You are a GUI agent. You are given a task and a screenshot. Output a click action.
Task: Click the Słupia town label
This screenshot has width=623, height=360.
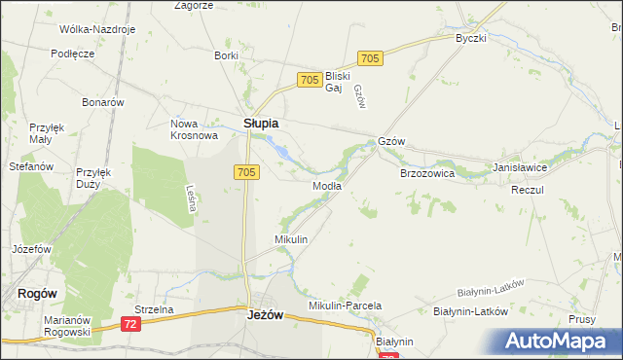tap(260, 124)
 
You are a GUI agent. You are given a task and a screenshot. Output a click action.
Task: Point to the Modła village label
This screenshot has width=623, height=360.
tap(326, 186)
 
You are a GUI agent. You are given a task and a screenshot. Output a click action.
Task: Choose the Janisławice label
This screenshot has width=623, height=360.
tap(520, 167)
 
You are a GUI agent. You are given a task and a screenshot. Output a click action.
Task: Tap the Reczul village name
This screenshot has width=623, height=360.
tap(527, 190)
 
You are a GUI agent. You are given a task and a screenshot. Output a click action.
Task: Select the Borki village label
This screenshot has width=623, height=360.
tap(226, 55)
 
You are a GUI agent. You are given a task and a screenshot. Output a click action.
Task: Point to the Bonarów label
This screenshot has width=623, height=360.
tap(103, 102)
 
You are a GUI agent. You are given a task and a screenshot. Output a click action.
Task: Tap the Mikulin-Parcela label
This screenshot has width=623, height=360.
tap(345, 306)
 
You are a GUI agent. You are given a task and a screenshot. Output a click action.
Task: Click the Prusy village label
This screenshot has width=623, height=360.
tap(582, 319)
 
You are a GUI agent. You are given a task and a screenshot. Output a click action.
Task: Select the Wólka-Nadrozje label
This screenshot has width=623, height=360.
tap(96, 29)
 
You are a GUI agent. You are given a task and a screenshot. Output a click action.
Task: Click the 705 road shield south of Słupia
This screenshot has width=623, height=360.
tap(246, 172)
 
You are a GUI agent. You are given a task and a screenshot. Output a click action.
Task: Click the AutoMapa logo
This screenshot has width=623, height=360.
tap(560, 342)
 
